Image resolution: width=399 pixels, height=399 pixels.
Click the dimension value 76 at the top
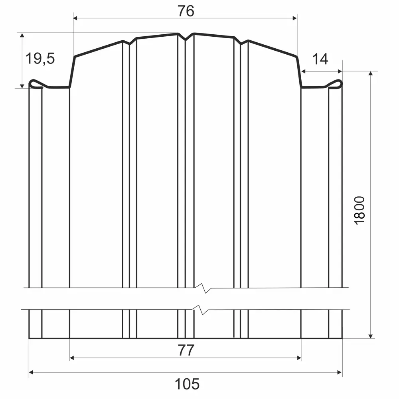click(x=186, y=11)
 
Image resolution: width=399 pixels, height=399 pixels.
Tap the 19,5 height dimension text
click(x=40, y=58)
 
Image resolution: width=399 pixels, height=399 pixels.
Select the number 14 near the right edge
click(x=320, y=59)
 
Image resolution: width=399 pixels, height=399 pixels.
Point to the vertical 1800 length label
click(x=359, y=210)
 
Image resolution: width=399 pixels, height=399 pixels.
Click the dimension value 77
click(x=186, y=350)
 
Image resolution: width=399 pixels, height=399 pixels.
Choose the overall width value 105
click(x=187, y=384)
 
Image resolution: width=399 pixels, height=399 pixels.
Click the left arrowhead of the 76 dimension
click(x=75, y=18)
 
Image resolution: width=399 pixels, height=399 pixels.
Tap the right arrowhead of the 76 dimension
click(x=295, y=18)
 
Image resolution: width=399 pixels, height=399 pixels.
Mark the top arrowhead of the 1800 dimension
click(x=371, y=73)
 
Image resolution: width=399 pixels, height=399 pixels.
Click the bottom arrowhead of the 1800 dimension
click(x=371, y=336)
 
